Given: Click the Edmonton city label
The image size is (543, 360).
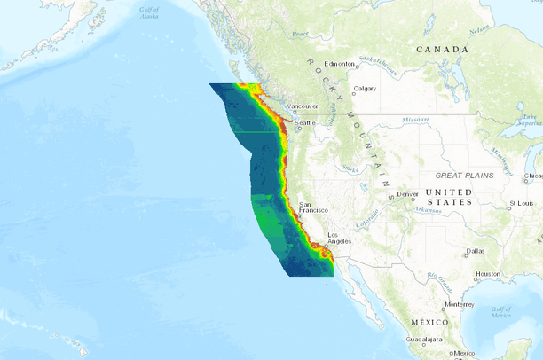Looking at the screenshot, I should pyautogui.click(x=339, y=64).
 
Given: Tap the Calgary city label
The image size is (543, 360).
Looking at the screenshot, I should pyautogui.click(x=364, y=89).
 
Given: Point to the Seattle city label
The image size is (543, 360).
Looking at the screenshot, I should pyautogui.click(x=305, y=122).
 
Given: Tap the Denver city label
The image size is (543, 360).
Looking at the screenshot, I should pyautogui.click(x=407, y=194).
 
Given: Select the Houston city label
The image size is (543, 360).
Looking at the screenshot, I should pyautogui.click(x=488, y=274).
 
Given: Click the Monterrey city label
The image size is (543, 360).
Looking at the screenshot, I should pyautogui.click(x=460, y=304).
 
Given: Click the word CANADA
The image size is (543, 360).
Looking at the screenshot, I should pyautogui.click(x=442, y=50).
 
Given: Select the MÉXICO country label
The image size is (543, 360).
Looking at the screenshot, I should pyautogui.click(x=429, y=322).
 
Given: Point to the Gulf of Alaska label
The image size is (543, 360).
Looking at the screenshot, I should pyautogui.click(x=149, y=12).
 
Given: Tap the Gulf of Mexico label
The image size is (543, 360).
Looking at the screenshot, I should pyautogui.click(x=501, y=311).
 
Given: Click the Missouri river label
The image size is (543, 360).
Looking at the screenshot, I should pyautogui.click(x=414, y=119).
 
